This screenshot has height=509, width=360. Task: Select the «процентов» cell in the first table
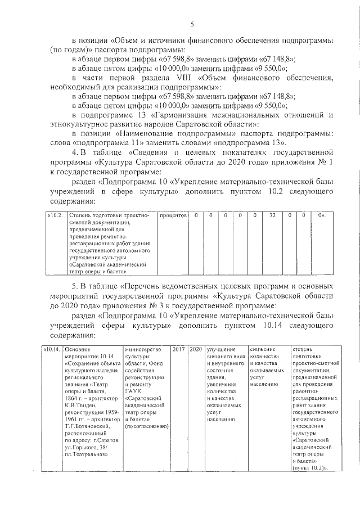pyautogui.click(x=173, y=215)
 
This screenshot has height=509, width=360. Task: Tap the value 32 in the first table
pyautogui.click(x=272, y=215)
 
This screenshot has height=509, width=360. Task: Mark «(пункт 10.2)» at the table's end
pyautogui.click(x=310, y=468)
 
